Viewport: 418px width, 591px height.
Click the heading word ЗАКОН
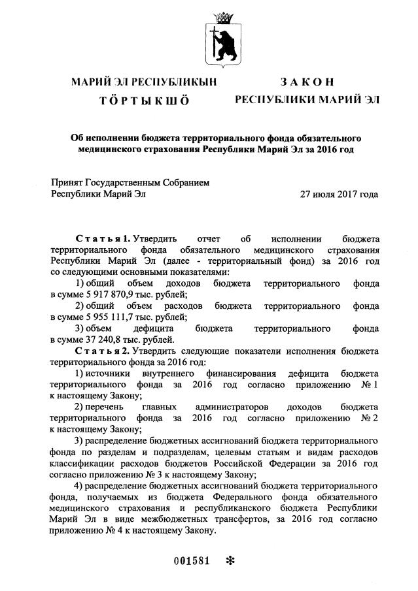[x=307, y=82]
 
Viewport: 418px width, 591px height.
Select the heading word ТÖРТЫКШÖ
[x=143, y=101]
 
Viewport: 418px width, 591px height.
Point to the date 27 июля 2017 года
[x=339, y=194]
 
